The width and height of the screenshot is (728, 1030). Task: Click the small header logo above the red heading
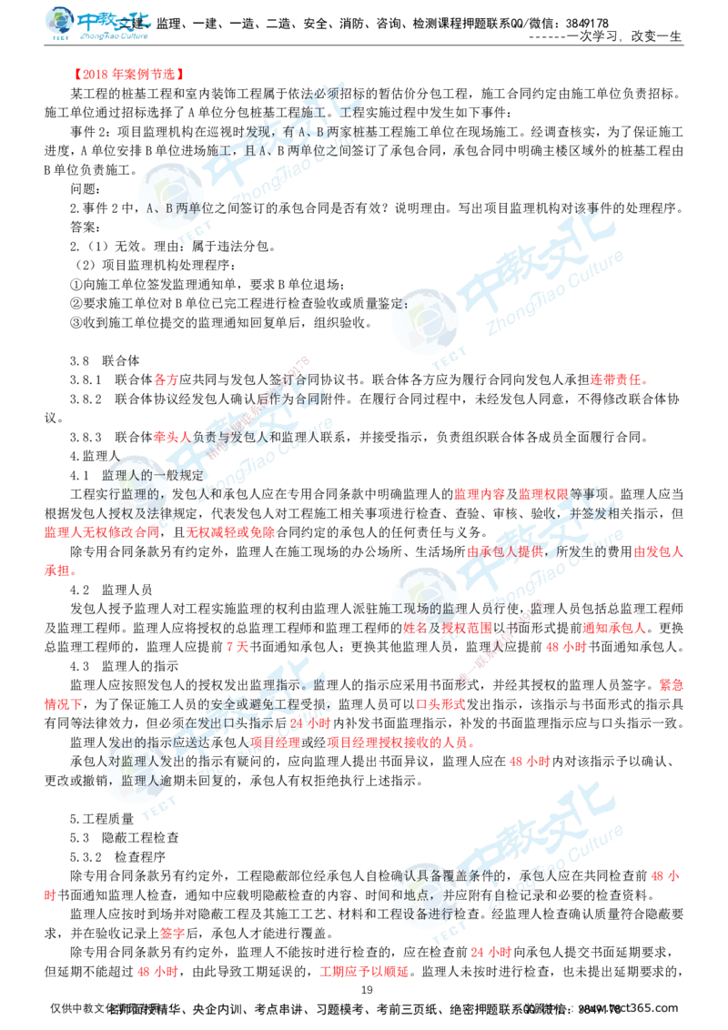(x=98, y=25)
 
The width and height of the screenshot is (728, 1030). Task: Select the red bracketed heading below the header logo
(x=130, y=73)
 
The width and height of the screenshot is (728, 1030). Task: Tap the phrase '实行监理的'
(x=132, y=494)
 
